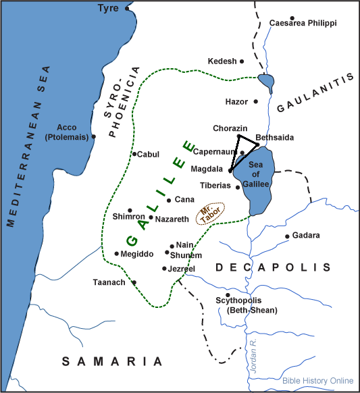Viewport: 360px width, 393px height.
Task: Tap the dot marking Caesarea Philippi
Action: pos(292,18)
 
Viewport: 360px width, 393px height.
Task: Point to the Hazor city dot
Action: pos(255,101)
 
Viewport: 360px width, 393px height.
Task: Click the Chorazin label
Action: pos(230,128)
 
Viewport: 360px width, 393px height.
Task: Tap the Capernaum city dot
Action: pos(242,153)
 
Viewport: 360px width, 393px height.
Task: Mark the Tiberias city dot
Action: pos(238,186)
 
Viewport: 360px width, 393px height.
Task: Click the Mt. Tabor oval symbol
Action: pos(208,215)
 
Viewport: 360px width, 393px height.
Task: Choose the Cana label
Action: pos(184,200)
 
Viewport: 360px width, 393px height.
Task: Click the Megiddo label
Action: pos(137,254)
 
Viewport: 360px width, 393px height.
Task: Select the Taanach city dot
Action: pos(134,282)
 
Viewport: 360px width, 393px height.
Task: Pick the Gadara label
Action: pos(307,236)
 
